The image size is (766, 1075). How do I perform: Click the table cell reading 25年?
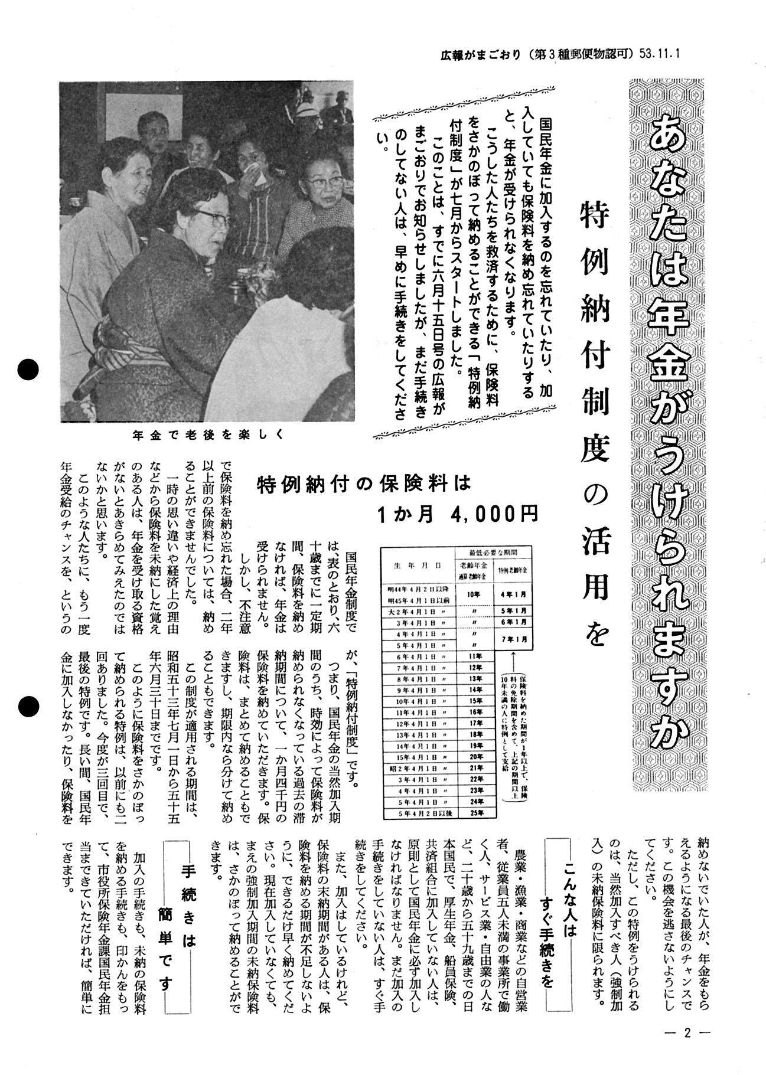coord(475,813)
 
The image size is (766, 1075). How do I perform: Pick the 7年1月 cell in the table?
coord(513,639)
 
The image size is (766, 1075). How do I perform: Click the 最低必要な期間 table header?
coord(493,552)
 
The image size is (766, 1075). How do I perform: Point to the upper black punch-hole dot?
coord(27,370)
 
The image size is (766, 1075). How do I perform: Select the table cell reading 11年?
coord(475,655)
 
